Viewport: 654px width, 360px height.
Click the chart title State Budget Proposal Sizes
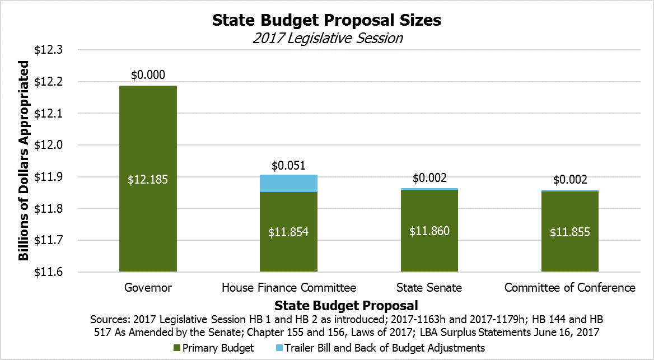[x=326, y=20]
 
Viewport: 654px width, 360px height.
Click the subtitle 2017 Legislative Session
[x=327, y=39]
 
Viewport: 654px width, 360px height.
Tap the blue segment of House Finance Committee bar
[x=288, y=183]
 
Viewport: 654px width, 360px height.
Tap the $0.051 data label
[x=288, y=166]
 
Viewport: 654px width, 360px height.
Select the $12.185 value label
[x=148, y=180]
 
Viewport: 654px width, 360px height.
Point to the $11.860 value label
[x=429, y=231]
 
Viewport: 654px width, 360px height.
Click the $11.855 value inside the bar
[x=570, y=232]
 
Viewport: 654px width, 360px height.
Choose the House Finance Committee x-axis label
[x=289, y=288]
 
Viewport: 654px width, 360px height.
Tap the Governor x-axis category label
[x=148, y=288]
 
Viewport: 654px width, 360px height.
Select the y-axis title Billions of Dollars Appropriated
[x=24, y=161]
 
